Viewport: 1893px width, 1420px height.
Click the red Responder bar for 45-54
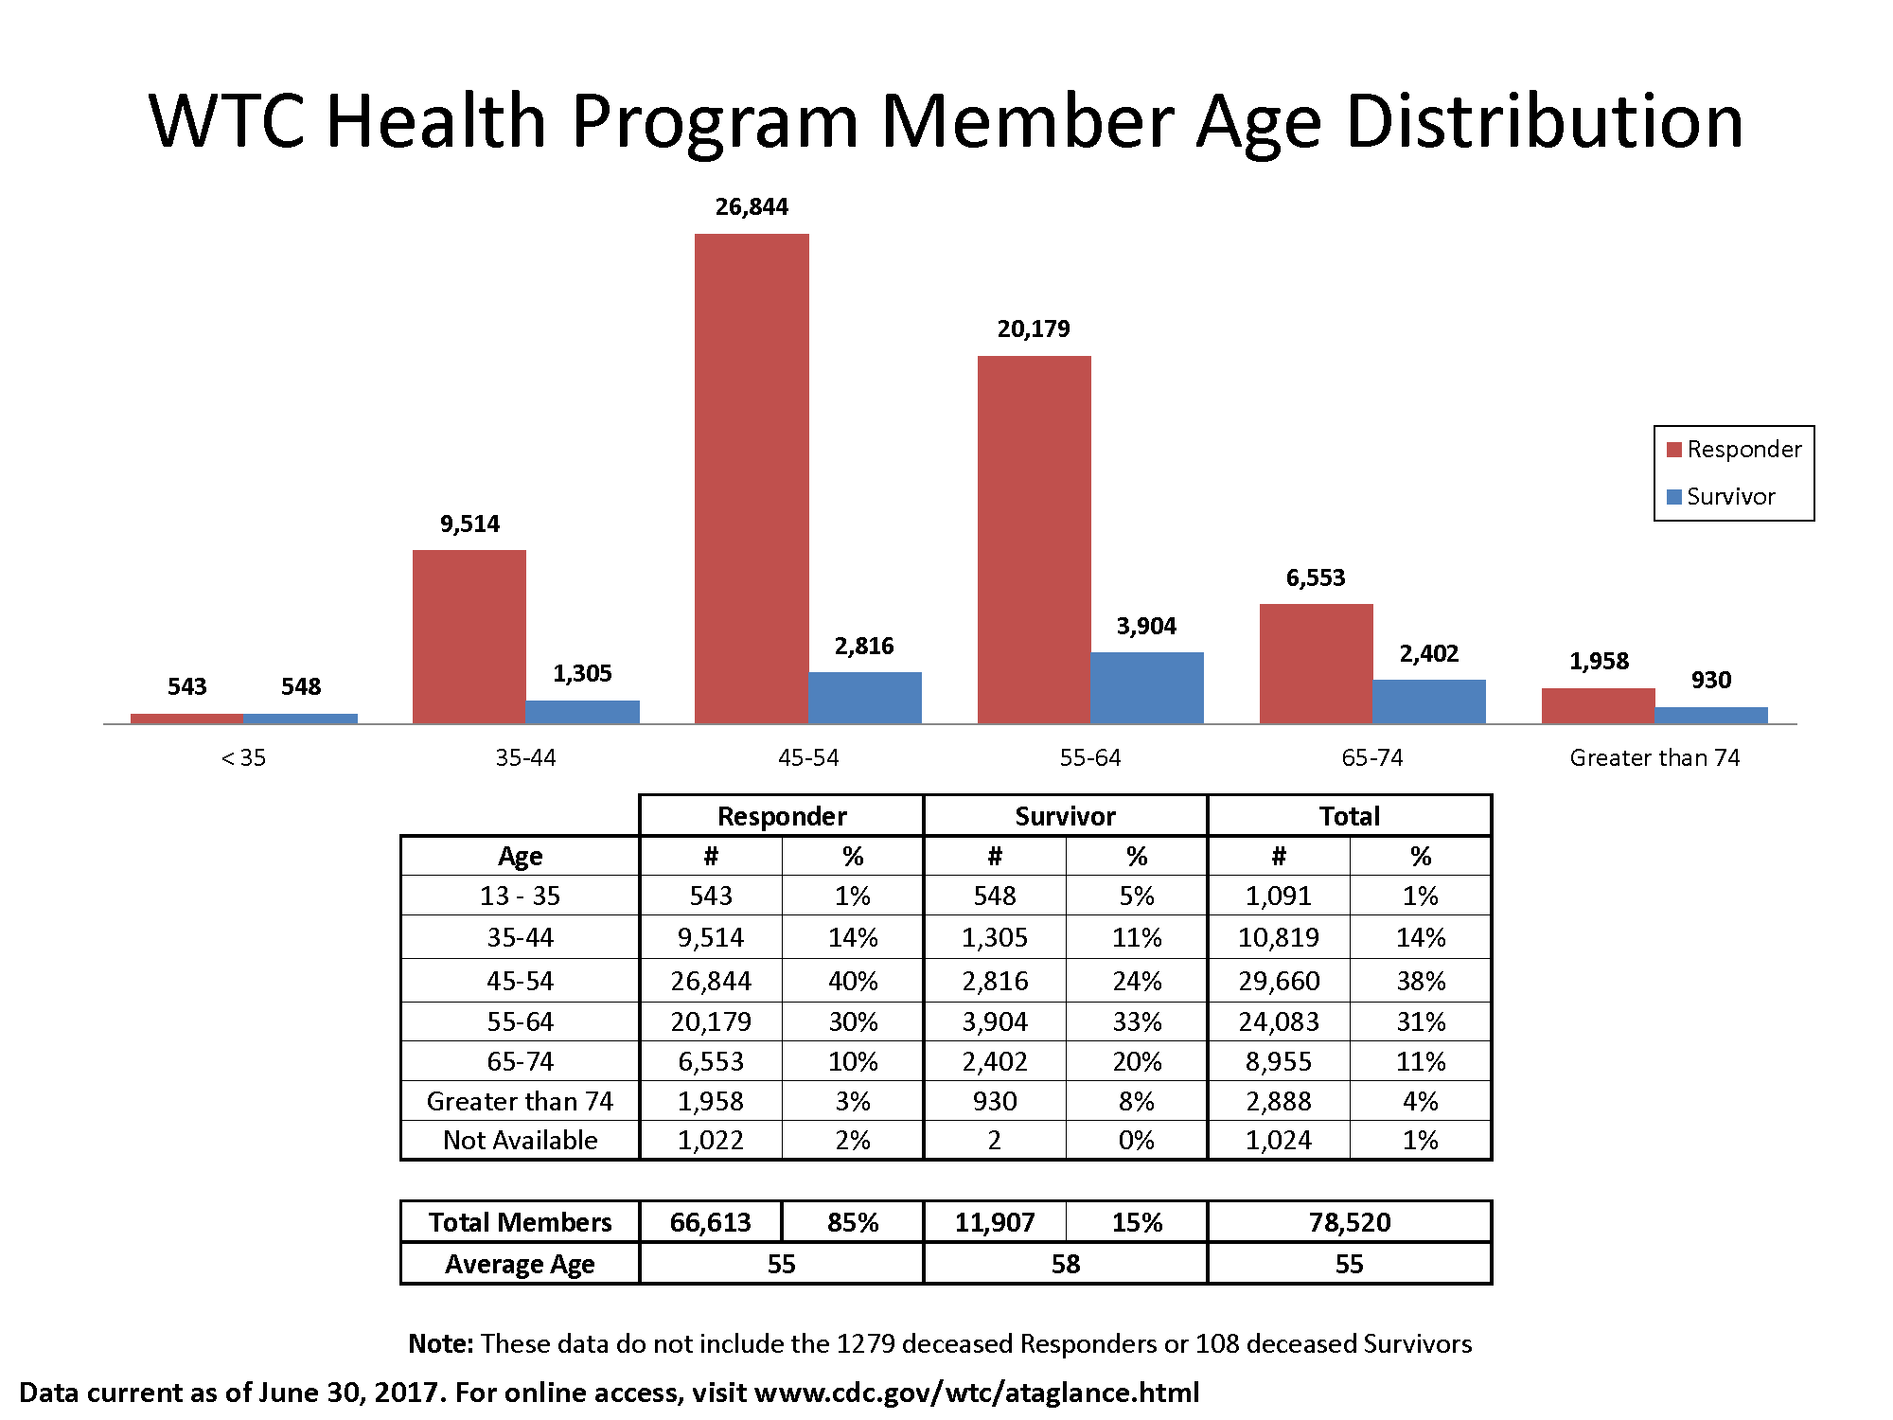coord(752,478)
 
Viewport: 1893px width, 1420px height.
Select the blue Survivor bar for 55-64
coord(1146,688)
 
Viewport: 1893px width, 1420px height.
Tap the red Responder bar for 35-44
coord(469,636)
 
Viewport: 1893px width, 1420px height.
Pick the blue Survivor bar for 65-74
coord(1428,701)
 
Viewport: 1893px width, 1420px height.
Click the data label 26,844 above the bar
coord(752,206)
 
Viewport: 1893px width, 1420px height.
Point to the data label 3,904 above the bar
coord(1146,626)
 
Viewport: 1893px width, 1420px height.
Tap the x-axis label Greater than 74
coord(1654,757)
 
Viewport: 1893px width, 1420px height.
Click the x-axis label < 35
coord(243,757)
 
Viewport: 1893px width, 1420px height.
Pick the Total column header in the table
coord(1349,816)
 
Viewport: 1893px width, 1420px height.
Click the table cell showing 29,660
coord(1278,981)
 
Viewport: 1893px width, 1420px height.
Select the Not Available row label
coord(520,1140)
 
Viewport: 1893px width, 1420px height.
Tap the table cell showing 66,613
coord(710,1222)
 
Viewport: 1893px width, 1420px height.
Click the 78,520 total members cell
coord(1349,1222)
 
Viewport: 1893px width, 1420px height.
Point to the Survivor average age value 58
coord(1065,1264)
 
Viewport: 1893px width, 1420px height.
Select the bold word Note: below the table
coord(440,1343)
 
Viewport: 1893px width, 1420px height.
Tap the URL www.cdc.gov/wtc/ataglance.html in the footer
coord(977,1393)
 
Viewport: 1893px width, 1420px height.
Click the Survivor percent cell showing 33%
coord(1136,1021)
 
